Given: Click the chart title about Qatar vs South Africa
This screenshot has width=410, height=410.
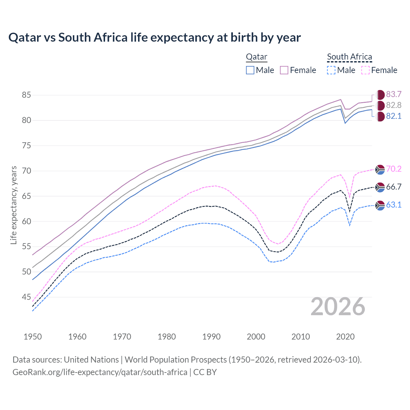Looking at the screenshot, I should click(x=154, y=37).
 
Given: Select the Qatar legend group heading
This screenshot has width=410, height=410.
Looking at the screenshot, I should click(x=256, y=57).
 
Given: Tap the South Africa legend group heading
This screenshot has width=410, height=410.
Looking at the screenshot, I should click(x=349, y=57).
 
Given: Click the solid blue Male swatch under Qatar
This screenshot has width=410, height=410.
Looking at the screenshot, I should click(x=250, y=70).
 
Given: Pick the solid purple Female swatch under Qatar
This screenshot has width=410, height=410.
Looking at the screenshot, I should click(x=284, y=70).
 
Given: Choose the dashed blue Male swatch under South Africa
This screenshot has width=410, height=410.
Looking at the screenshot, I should click(x=331, y=70).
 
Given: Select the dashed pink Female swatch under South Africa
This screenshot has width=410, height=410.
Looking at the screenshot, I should click(x=365, y=70).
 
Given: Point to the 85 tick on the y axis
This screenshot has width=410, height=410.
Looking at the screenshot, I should click(x=26, y=95).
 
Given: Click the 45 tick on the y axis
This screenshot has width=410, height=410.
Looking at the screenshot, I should click(x=26, y=297).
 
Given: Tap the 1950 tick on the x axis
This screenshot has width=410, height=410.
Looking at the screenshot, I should click(x=33, y=337).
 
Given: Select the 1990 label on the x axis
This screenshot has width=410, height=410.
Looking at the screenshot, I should click(x=211, y=337).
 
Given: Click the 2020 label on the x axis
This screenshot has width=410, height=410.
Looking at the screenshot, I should click(x=345, y=337).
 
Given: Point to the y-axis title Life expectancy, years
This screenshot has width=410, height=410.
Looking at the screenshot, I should click(x=13, y=205).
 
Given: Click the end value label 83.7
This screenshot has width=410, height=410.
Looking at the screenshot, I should click(x=394, y=94).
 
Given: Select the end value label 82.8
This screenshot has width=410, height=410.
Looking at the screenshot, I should click(x=394, y=105).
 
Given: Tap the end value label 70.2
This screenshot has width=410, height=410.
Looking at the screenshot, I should click(x=394, y=169).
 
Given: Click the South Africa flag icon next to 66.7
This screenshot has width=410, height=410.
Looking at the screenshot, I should click(x=380, y=187).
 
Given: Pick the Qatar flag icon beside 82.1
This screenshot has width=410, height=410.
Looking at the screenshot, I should click(x=380, y=117).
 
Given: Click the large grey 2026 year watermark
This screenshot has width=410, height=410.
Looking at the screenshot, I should click(x=338, y=307).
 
